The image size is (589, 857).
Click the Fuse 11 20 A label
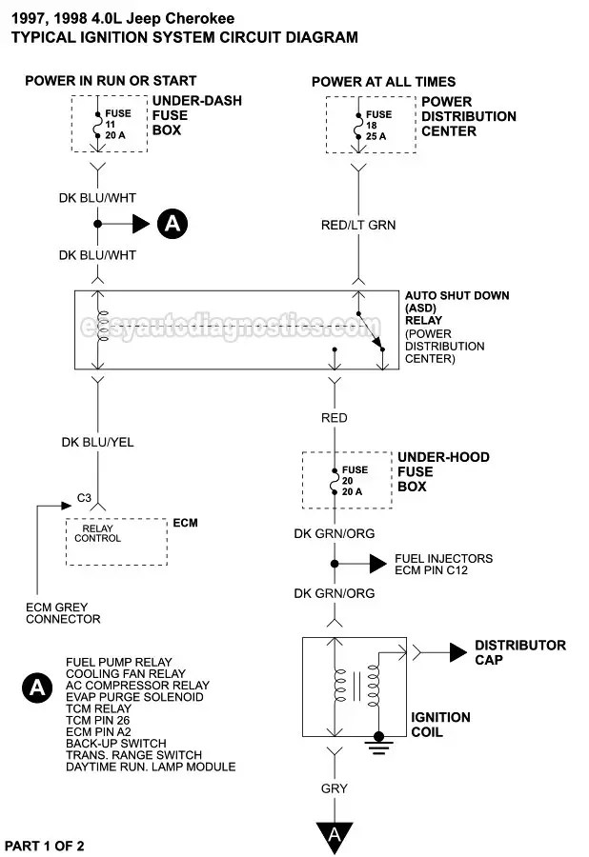tap(117, 124)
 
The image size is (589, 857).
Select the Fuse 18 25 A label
tap(378, 125)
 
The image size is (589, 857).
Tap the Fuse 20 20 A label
tap(355, 481)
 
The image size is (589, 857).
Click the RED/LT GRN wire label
tap(358, 225)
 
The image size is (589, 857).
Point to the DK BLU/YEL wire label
tap(97, 442)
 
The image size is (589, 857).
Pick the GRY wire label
tap(335, 788)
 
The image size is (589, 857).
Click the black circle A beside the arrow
tap(173, 224)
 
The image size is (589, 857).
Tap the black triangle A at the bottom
tap(335, 835)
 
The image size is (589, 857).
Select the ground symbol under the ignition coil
tap(378, 745)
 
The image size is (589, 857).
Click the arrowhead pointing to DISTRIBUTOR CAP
tap(457, 652)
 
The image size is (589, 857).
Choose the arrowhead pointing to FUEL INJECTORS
tap(378, 564)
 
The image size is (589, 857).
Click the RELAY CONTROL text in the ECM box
tap(98, 533)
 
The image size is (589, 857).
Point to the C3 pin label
tap(84, 498)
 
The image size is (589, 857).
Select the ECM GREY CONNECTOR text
tap(63, 613)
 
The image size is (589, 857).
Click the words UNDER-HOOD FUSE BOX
tap(443, 471)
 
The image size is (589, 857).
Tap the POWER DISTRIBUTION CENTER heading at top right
tap(469, 116)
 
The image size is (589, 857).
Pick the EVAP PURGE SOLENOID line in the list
tap(134, 697)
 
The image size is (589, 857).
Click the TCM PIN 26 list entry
tap(98, 721)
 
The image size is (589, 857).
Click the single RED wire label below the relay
tap(335, 418)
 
